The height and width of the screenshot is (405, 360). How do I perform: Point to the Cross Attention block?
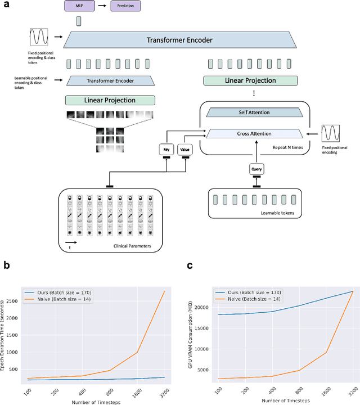point(250,133)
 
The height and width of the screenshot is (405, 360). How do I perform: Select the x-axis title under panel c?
point(280,400)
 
